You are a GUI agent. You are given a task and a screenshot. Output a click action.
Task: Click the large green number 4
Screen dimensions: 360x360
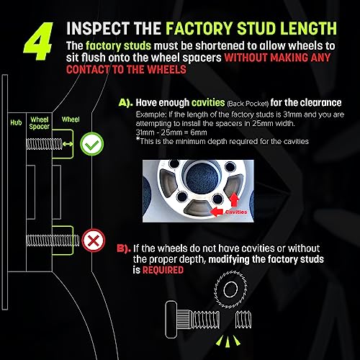pyautogui.click(x=38, y=41)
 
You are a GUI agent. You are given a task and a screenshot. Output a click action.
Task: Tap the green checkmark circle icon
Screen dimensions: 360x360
pyautogui.click(x=92, y=144)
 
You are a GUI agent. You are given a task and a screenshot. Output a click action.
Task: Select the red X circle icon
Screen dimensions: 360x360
pyautogui.click(x=94, y=240)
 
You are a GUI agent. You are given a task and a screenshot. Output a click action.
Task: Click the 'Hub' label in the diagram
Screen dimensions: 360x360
pyautogui.click(x=16, y=122)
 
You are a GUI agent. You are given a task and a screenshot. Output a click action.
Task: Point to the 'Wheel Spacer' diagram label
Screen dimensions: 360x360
pyautogui.click(x=40, y=123)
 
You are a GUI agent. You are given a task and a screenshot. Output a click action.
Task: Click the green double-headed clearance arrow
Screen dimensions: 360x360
pyautogui.click(x=68, y=144)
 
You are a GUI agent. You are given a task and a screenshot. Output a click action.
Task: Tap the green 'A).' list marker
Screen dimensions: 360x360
pyautogui.click(x=125, y=103)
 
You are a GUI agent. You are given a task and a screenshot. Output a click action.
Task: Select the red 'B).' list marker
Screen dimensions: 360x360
pyautogui.click(x=124, y=248)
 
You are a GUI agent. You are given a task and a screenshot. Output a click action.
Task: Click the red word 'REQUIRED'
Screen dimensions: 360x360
pyautogui.click(x=163, y=270)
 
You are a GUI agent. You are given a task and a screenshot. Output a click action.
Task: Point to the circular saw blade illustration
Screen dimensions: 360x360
pyautogui.click(x=230, y=289)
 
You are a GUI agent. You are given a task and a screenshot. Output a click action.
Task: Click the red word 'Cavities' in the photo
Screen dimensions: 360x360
pyautogui.click(x=236, y=212)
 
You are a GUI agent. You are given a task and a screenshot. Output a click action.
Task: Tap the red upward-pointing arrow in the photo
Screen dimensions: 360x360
pyautogui.click(x=234, y=199)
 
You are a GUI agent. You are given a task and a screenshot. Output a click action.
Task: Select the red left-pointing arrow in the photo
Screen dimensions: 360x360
pyautogui.click(x=217, y=212)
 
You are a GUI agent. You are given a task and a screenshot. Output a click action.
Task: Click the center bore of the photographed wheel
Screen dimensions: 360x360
pyautogui.click(x=202, y=177)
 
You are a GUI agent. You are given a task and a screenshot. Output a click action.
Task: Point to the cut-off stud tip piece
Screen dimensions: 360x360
pyautogui.click(x=243, y=320)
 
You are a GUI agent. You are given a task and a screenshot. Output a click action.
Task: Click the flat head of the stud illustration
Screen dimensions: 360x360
pyautogui.click(x=171, y=320)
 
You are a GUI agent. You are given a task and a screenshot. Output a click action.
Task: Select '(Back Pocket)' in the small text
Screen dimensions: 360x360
pyautogui.click(x=248, y=104)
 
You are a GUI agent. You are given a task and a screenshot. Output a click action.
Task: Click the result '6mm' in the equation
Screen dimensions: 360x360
pyautogui.click(x=199, y=132)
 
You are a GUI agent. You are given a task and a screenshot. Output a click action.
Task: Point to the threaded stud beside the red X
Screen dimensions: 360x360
pyautogui.click(x=53, y=240)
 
